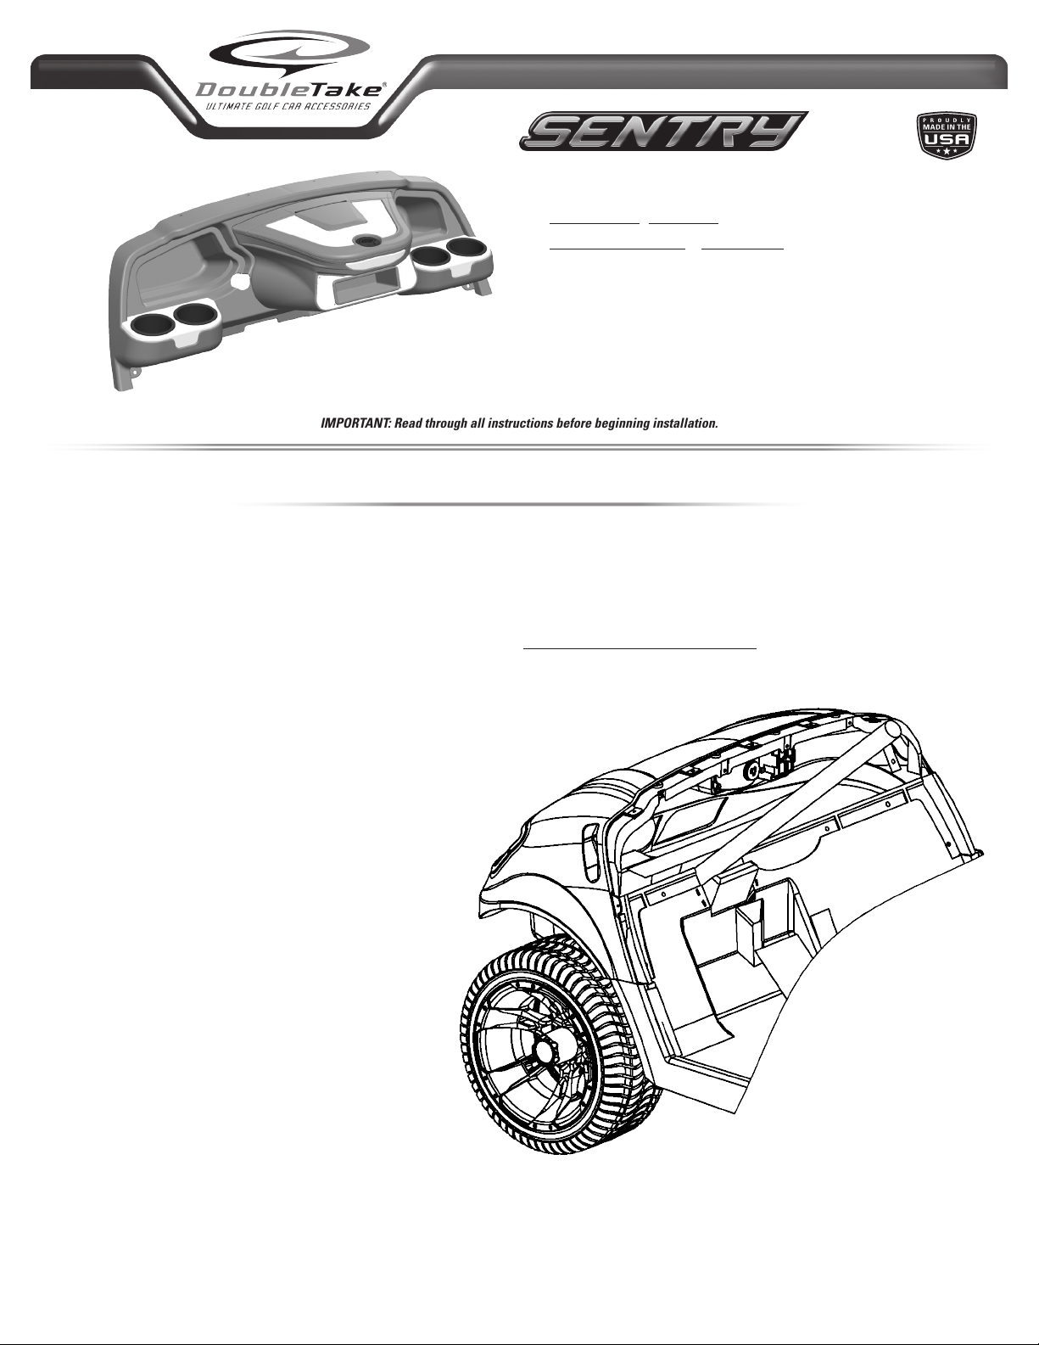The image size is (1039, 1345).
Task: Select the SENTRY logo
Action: (x=662, y=132)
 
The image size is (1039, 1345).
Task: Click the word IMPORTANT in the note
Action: (x=350, y=423)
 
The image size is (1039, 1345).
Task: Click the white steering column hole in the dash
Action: (x=238, y=277)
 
